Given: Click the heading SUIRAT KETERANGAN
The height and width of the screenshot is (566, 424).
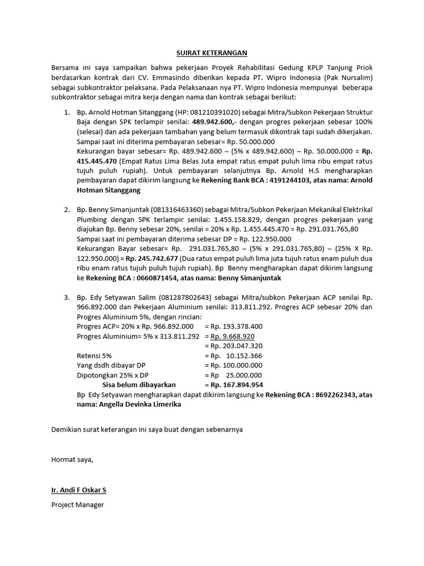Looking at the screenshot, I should click(212, 53).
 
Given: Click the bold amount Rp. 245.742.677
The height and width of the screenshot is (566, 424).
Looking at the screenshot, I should click(151, 258).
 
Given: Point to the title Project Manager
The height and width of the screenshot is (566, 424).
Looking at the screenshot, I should click(77, 505).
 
